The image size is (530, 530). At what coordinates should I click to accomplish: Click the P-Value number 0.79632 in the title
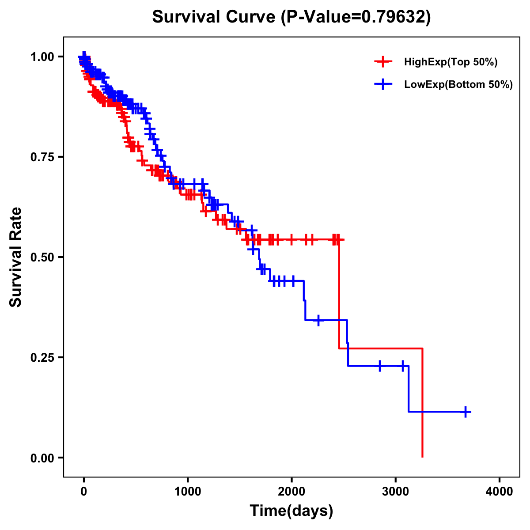point(394,17)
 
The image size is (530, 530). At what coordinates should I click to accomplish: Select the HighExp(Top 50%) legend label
point(450,62)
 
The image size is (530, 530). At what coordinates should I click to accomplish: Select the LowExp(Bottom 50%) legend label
point(458,84)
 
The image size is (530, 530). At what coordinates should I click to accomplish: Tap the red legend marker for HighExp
point(383,62)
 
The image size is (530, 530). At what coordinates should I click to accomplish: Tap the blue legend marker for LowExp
point(383,84)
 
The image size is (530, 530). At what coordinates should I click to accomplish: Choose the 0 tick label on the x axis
point(84,492)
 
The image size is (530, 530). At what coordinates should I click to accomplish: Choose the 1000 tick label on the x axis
point(188,492)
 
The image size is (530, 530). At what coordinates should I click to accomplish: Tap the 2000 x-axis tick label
point(291,492)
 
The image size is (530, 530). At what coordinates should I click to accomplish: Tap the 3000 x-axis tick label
point(396,492)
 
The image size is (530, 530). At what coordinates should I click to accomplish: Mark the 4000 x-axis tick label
point(500,492)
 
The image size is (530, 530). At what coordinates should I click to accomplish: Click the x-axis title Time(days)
point(291,511)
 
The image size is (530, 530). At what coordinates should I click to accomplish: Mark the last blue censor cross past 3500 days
point(465,412)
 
